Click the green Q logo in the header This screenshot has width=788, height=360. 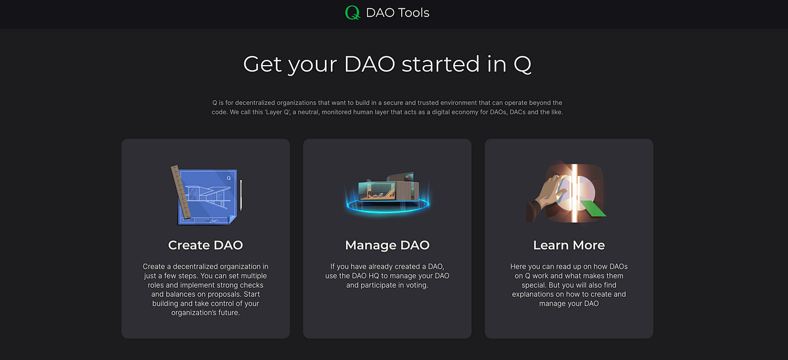pos(353,12)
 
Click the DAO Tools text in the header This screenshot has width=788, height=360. pos(398,12)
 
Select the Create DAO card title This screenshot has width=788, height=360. pos(206,245)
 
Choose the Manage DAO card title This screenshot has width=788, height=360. pos(387,245)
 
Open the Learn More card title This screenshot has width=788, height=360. pos(569,245)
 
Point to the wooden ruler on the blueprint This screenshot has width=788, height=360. pos(179,191)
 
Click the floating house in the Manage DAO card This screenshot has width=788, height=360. pos(387,187)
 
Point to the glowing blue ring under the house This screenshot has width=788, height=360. pos(387,205)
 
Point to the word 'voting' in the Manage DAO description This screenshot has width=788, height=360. pos(414,285)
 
